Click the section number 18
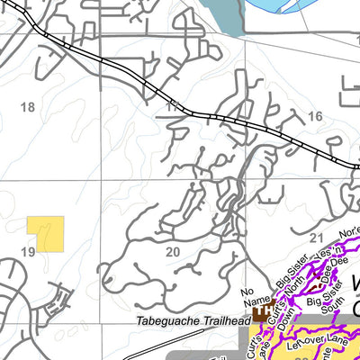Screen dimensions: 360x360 coord(27,107)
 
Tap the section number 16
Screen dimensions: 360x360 coord(314,117)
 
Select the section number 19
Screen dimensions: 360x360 coord(28,253)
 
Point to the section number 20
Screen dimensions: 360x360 coord(173,251)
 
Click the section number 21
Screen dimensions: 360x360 coord(315,238)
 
